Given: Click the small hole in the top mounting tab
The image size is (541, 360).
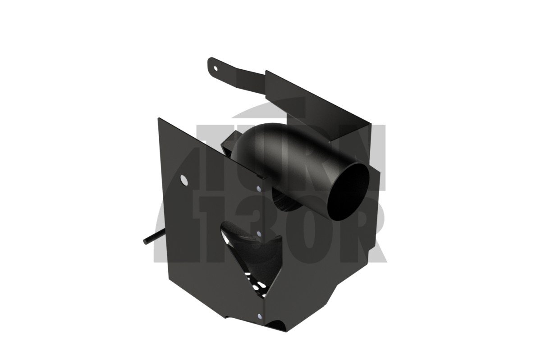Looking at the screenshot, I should (216, 68).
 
